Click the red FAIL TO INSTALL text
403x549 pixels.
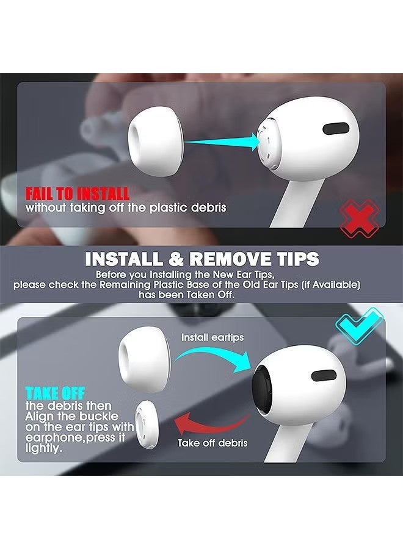pos(77,194)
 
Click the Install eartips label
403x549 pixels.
pos(212,337)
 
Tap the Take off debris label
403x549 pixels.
pos(212,443)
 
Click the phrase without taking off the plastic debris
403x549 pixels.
pos(126,207)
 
